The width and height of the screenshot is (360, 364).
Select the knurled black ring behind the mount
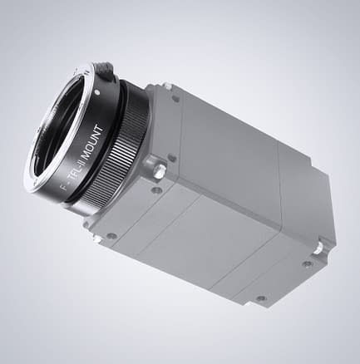pyautogui.click(x=125, y=155)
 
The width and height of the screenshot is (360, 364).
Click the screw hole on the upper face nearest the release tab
pyautogui.click(x=175, y=98)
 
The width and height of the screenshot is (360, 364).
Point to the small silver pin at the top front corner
pyautogui.click(x=166, y=86)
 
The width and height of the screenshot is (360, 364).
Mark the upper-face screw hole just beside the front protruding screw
pyautogui.click(x=171, y=157)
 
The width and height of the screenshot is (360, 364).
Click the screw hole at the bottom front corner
pyautogui.click(x=111, y=236)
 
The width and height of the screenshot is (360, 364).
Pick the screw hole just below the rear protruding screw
pyautogui.click(x=308, y=264)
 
